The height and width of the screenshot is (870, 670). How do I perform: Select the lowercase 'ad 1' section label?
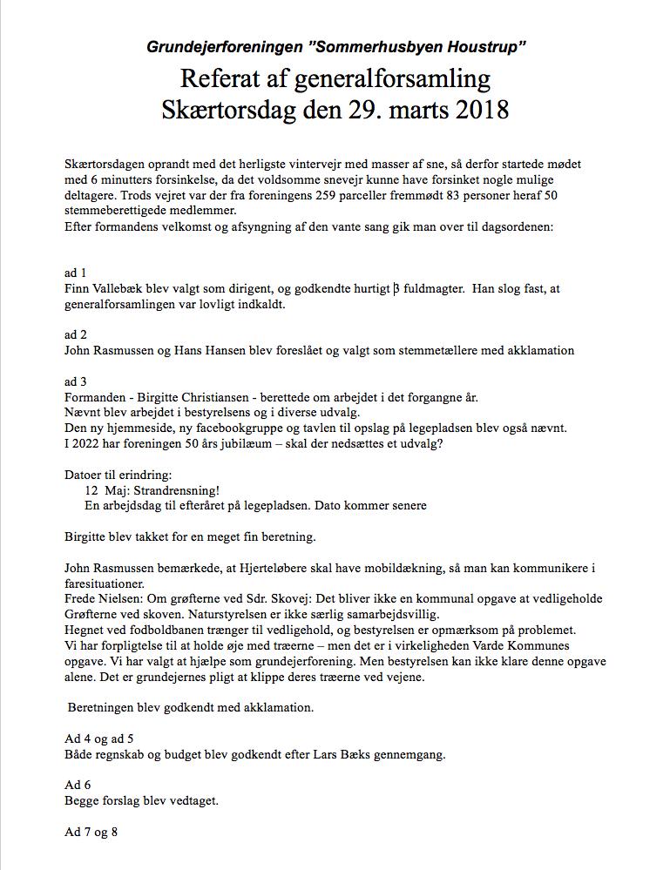click(x=76, y=273)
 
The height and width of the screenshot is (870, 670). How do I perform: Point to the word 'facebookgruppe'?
click(x=242, y=428)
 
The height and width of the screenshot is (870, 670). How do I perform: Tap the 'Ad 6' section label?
click(x=76, y=784)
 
